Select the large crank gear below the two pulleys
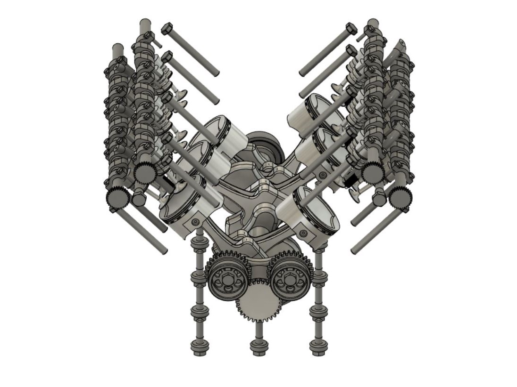point(258,301)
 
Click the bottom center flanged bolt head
point(258,348)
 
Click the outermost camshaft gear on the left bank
point(117,198)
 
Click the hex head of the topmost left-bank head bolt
point(166,29)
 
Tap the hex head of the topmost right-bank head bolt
point(351,29)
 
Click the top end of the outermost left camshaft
point(117,49)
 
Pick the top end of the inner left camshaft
point(145,24)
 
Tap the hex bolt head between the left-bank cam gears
point(139,200)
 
